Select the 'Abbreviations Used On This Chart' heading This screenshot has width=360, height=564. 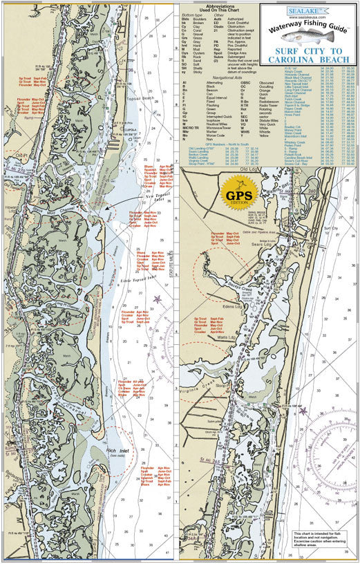(x=220, y=6)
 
